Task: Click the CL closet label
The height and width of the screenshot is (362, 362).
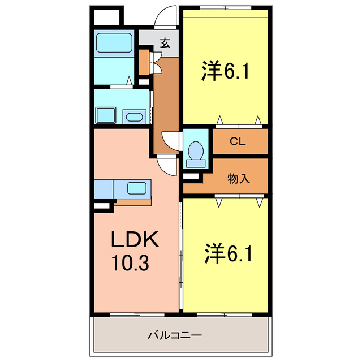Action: [237, 142]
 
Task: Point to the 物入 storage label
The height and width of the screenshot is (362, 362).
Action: [238, 179]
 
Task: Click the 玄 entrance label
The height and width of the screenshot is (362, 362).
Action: [165, 42]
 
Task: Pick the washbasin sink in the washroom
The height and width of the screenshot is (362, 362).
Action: [133, 117]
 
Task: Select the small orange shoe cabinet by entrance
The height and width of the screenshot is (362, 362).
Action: [144, 62]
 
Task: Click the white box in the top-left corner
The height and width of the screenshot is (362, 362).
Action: [106, 17]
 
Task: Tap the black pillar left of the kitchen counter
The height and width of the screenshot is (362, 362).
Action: [102, 206]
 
